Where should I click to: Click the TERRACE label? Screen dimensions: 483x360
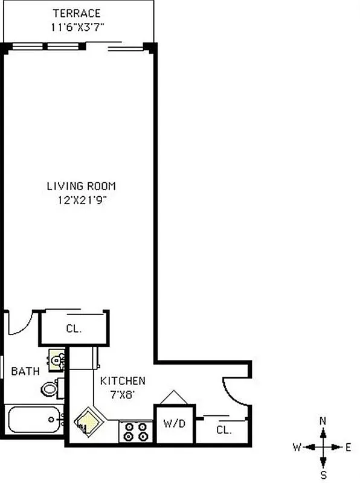[76, 13]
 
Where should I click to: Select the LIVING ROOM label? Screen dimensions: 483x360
[81, 186]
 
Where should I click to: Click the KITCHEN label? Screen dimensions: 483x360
[123, 381]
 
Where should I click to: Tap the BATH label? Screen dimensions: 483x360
[25, 371]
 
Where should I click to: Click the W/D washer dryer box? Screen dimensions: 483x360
[173, 424]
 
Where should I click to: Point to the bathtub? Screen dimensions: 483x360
[33, 418]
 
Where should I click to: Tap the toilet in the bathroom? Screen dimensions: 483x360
[51, 387]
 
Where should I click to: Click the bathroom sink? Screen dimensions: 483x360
[56, 360]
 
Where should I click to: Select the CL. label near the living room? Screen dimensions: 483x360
[74, 330]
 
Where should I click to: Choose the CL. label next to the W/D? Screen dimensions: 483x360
[223, 430]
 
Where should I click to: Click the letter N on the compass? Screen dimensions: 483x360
[323, 421]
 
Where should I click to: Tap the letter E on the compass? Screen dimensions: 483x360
[349, 447]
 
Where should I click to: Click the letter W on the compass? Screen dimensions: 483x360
[297, 447]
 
